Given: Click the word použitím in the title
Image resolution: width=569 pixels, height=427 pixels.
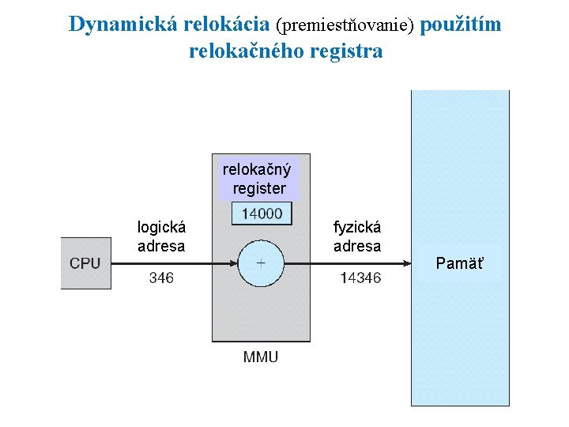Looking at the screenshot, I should point(461,25).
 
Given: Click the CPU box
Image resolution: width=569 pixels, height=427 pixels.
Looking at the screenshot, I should point(85,263).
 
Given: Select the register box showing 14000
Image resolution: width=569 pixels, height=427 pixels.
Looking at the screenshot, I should point(262,213).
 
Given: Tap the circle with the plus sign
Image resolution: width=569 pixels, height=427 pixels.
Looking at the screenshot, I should point(261,263).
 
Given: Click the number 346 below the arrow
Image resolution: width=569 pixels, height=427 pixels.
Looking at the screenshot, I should point(160,278).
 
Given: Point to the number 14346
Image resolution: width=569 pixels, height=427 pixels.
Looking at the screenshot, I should point(360,278).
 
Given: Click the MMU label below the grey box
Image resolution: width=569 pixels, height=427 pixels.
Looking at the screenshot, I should point(261,357).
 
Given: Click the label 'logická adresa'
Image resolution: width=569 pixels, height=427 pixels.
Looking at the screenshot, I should point(161,236).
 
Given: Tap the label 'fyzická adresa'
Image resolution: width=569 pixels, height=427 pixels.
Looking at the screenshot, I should point(357,236).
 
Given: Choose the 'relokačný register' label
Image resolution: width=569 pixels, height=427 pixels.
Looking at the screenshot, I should point(258,179).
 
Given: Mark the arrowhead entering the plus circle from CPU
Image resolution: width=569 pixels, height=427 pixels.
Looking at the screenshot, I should point(234,263).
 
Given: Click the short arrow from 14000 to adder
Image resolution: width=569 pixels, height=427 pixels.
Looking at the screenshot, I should point(261,232).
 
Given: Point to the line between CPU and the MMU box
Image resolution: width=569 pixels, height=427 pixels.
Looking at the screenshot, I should point(161,263).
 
